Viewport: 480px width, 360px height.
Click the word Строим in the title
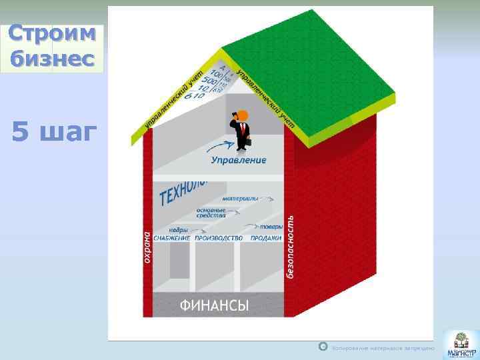[x=53, y=35]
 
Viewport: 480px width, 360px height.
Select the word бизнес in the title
[x=53, y=59]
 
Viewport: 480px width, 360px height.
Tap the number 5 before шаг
[x=21, y=133]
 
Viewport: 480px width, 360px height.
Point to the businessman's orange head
[x=243, y=116]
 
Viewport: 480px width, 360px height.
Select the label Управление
[x=238, y=160]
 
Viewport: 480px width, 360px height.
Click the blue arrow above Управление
[x=217, y=147]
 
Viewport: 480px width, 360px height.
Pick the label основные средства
[x=210, y=212]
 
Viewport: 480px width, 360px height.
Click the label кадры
[x=177, y=229]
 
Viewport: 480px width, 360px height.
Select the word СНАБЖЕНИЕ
[x=171, y=238]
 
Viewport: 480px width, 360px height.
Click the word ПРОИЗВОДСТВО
[x=219, y=238]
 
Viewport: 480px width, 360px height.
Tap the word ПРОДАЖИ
[x=265, y=238]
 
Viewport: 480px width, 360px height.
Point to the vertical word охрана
[x=147, y=246]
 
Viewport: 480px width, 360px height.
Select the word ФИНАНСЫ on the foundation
[x=214, y=306]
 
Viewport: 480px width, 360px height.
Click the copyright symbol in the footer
[x=323, y=347]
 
